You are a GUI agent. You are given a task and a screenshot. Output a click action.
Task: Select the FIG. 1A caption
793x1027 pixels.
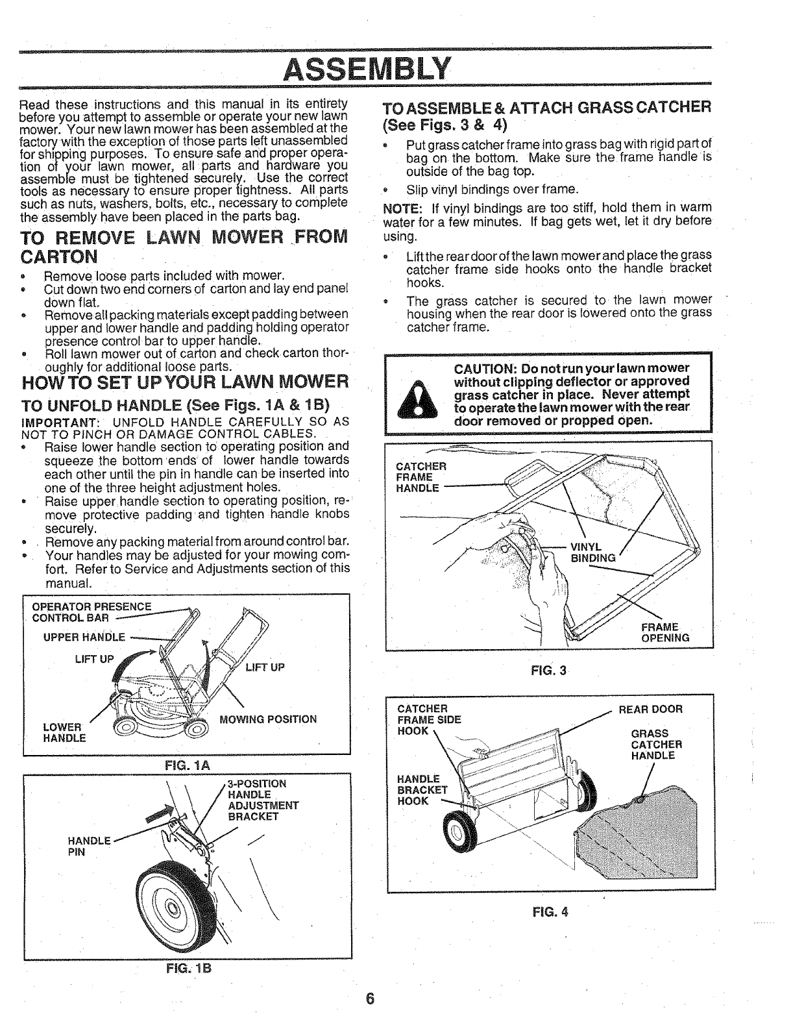point(186,765)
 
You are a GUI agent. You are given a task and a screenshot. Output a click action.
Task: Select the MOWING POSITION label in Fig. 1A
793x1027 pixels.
point(268,719)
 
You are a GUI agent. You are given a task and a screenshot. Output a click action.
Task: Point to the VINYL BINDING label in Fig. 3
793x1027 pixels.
point(592,552)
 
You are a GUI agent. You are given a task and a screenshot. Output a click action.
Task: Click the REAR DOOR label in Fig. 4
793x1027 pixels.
point(650,709)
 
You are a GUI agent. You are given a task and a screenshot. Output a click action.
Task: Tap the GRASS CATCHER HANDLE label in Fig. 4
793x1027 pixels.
point(653,745)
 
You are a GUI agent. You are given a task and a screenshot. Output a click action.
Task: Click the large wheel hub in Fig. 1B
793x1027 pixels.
point(171,907)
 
